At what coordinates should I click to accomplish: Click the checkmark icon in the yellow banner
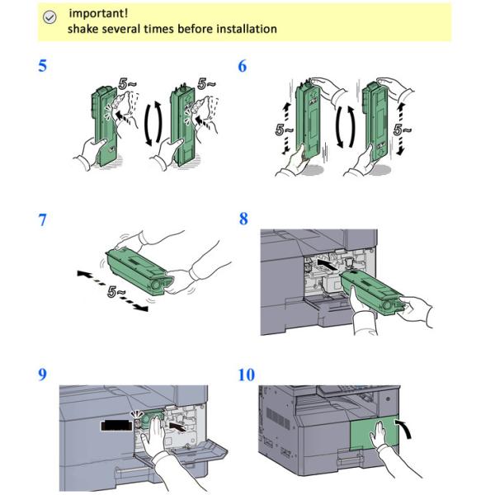[49, 17]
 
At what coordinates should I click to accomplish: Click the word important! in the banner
[98, 13]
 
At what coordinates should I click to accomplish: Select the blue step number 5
[42, 66]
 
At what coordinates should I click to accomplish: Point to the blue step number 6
[242, 66]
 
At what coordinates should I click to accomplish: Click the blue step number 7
[42, 220]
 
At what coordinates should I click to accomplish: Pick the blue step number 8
[243, 219]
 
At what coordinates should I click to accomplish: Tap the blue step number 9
[42, 375]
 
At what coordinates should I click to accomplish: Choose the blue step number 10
[246, 375]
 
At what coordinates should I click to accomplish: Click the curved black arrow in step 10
[406, 427]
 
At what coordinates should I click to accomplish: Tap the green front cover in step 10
[374, 432]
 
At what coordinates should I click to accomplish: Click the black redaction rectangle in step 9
[115, 425]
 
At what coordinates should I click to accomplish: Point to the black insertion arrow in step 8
[328, 264]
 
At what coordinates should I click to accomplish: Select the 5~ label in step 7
[115, 292]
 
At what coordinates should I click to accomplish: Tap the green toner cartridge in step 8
[372, 292]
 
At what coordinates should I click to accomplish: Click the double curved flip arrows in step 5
[153, 123]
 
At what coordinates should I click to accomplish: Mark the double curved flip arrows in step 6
[346, 127]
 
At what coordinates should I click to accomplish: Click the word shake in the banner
[83, 29]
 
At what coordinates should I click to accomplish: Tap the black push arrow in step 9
[177, 427]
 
